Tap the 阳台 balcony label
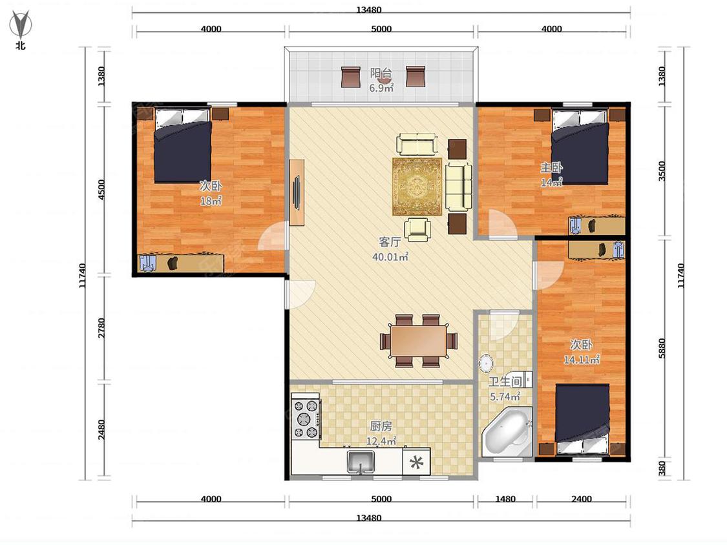[381, 73]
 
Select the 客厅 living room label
[390, 242]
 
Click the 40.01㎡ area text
[390, 257]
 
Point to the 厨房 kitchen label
[381, 426]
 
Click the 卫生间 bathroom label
[505, 382]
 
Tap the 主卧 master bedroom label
[551, 167]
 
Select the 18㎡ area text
[211, 201]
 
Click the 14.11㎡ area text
[582, 359]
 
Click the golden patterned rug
[417, 187]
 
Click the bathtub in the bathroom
[506, 432]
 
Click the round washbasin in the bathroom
[485, 364]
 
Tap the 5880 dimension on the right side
[662, 347]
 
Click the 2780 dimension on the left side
[102, 327]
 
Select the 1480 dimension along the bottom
[505, 499]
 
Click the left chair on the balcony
[351, 76]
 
